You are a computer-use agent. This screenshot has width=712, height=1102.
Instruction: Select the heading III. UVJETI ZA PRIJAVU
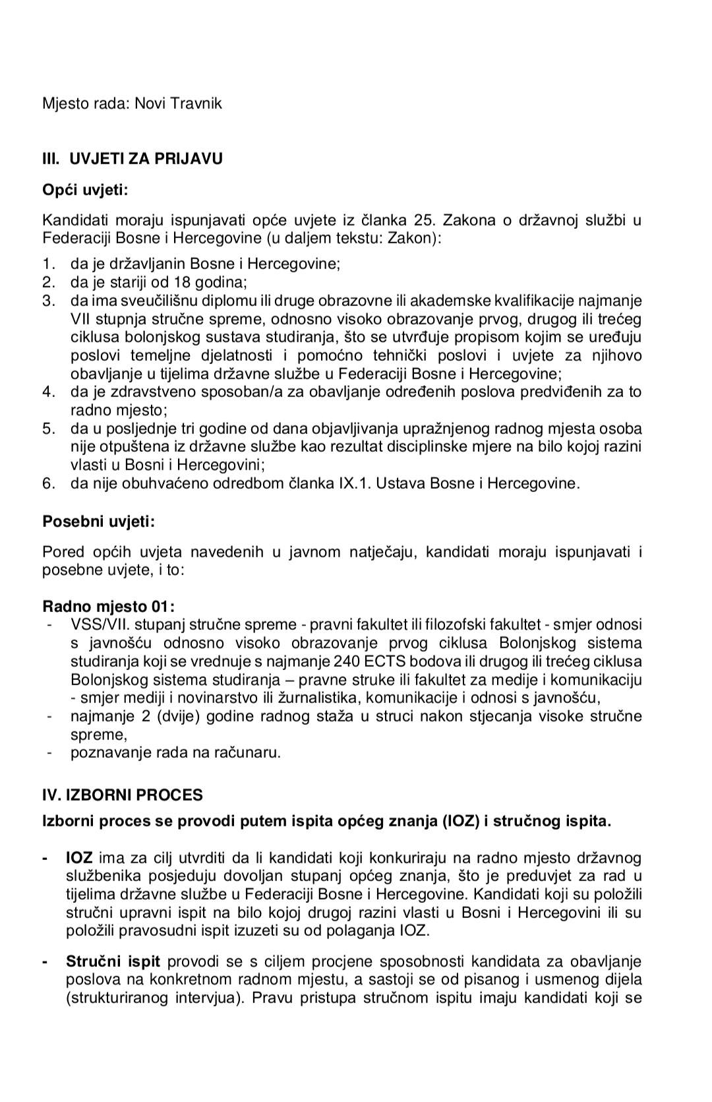[x=133, y=158]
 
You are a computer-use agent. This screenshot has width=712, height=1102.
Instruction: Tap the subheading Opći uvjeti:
[x=85, y=191]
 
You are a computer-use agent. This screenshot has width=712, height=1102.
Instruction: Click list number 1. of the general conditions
[x=49, y=264]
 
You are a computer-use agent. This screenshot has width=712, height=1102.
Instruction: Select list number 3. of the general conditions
[x=49, y=301]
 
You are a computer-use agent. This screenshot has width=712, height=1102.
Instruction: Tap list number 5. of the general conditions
[x=49, y=429]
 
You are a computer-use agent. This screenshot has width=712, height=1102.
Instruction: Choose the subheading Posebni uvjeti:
[x=99, y=522]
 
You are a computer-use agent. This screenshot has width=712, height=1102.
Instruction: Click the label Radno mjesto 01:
[x=109, y=606]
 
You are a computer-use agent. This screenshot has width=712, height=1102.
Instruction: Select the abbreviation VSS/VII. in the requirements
[x=96, y=624]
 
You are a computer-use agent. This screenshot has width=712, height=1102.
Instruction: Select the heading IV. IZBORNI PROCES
[x=123, y=795]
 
